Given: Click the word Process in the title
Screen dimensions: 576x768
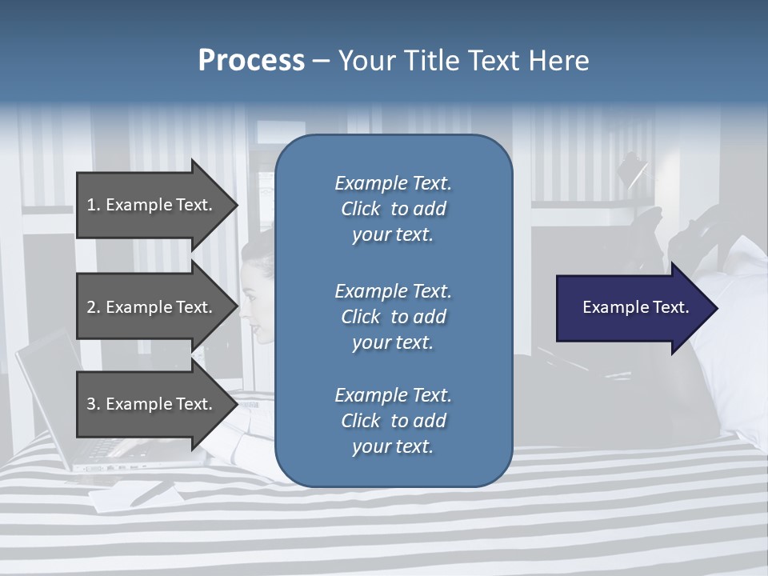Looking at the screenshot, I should [251, 61].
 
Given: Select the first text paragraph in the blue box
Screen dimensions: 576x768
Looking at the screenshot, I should [393, 209].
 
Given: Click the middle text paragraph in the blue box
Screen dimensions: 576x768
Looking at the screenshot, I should [393, 316].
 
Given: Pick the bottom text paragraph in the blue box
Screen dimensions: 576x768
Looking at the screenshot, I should [393, 421].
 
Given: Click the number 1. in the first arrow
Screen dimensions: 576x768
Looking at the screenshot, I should [93, 205].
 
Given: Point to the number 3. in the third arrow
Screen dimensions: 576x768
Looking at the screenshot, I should [93, 404].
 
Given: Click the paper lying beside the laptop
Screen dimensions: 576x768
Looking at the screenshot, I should [132, 496].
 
